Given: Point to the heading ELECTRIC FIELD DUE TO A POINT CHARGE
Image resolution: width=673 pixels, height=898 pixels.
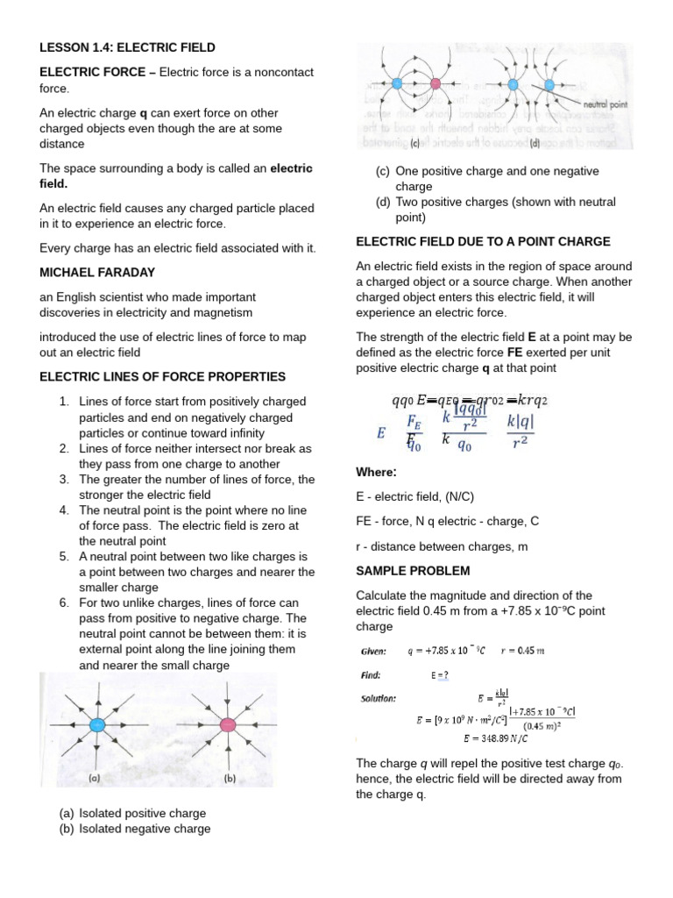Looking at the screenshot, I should [x=483, y=241].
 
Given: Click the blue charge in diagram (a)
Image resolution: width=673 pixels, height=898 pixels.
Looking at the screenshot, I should [x=98, y=724].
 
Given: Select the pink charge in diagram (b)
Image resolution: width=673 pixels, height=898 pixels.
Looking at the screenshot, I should [x=228, y=724].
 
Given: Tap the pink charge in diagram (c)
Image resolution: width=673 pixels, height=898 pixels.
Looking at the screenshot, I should [x=436, y=84].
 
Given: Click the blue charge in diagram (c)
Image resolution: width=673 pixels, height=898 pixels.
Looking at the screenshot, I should [x=395, y=84].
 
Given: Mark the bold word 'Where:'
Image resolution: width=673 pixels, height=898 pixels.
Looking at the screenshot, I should [x=376, y=473].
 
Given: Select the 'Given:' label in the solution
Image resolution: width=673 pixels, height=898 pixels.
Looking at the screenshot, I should [x=374, y=651].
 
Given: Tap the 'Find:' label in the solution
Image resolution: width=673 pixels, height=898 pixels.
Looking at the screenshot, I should [x=371, y=675].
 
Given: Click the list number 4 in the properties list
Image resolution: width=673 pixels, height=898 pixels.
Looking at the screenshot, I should [x=64, y=510].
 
